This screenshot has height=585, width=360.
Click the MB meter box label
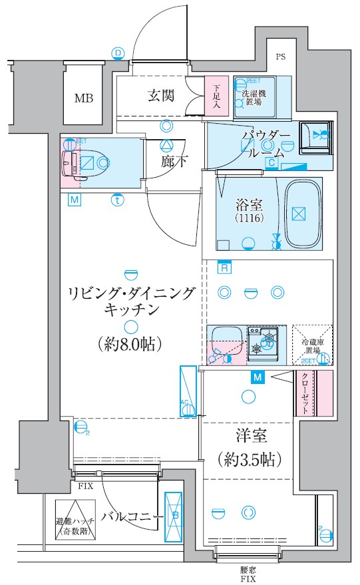pos(84,99)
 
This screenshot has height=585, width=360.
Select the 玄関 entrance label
pos(160,97)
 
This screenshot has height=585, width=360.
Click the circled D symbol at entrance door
pos(118,53)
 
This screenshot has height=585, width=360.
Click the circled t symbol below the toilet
pos(117,200)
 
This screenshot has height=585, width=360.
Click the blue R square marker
pos(225,267)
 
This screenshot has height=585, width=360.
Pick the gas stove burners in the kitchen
pos(264,343)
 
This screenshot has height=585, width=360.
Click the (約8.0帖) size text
pos(130,344)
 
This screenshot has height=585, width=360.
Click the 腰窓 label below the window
pos(248,571)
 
